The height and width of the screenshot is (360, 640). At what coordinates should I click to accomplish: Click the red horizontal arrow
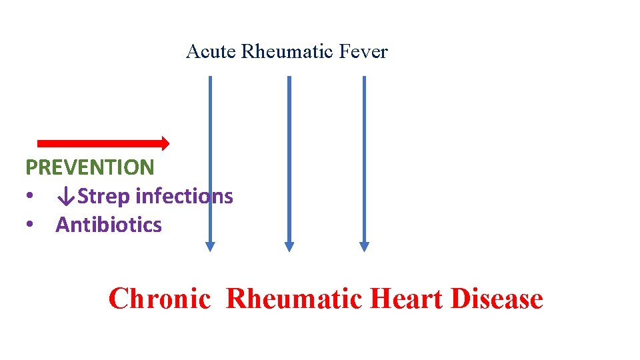point(100,143)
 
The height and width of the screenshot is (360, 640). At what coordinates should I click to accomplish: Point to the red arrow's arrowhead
point(165,143)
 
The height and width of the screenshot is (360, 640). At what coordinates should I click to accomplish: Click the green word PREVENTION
point(89,167)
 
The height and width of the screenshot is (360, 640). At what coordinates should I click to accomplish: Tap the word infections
point(184,196)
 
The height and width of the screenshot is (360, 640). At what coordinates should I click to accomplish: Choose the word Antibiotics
point(109,225)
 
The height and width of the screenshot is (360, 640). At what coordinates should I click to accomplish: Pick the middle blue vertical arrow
point(289,160)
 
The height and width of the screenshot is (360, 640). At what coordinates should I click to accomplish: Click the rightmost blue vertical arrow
point(364,160)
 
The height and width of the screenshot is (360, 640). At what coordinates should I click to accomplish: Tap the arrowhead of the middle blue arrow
point(289,246)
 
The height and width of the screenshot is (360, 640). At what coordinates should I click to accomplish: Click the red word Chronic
point(159,299)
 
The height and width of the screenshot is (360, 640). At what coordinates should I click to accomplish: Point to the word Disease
point(497,299)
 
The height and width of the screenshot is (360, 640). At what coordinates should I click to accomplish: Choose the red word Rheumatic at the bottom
point(294,299)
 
